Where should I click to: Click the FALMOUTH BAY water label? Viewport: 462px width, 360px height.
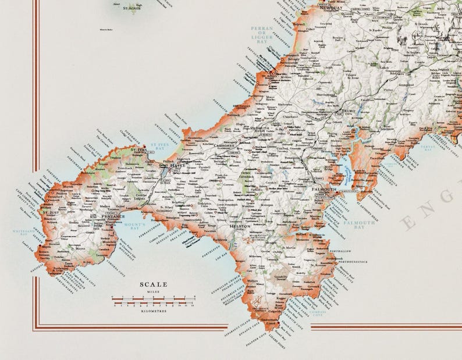(363, 224)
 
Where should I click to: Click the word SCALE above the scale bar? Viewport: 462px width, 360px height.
(153, 284)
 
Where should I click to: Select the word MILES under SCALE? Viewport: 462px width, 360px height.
(153, 291)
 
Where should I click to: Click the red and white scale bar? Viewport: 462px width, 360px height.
(153, 301)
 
